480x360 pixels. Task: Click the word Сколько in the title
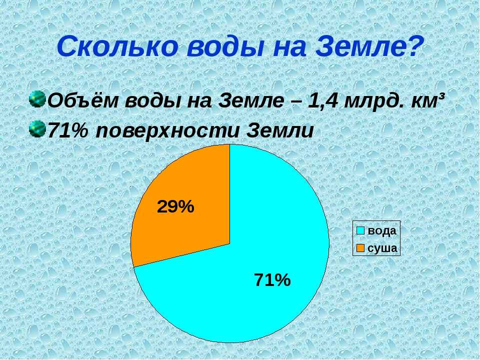point(117,46)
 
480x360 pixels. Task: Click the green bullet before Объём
point(37,99)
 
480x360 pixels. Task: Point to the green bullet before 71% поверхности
point(37,129)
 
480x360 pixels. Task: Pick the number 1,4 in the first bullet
point(322,100)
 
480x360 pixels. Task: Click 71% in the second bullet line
point(67,130)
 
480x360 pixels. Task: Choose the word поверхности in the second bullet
point(167,132)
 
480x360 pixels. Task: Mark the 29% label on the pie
point(175,206)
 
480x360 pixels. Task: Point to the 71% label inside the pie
point(272,280)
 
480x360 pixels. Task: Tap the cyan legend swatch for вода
point(360,230)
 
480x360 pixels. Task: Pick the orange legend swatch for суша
point(360,248)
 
